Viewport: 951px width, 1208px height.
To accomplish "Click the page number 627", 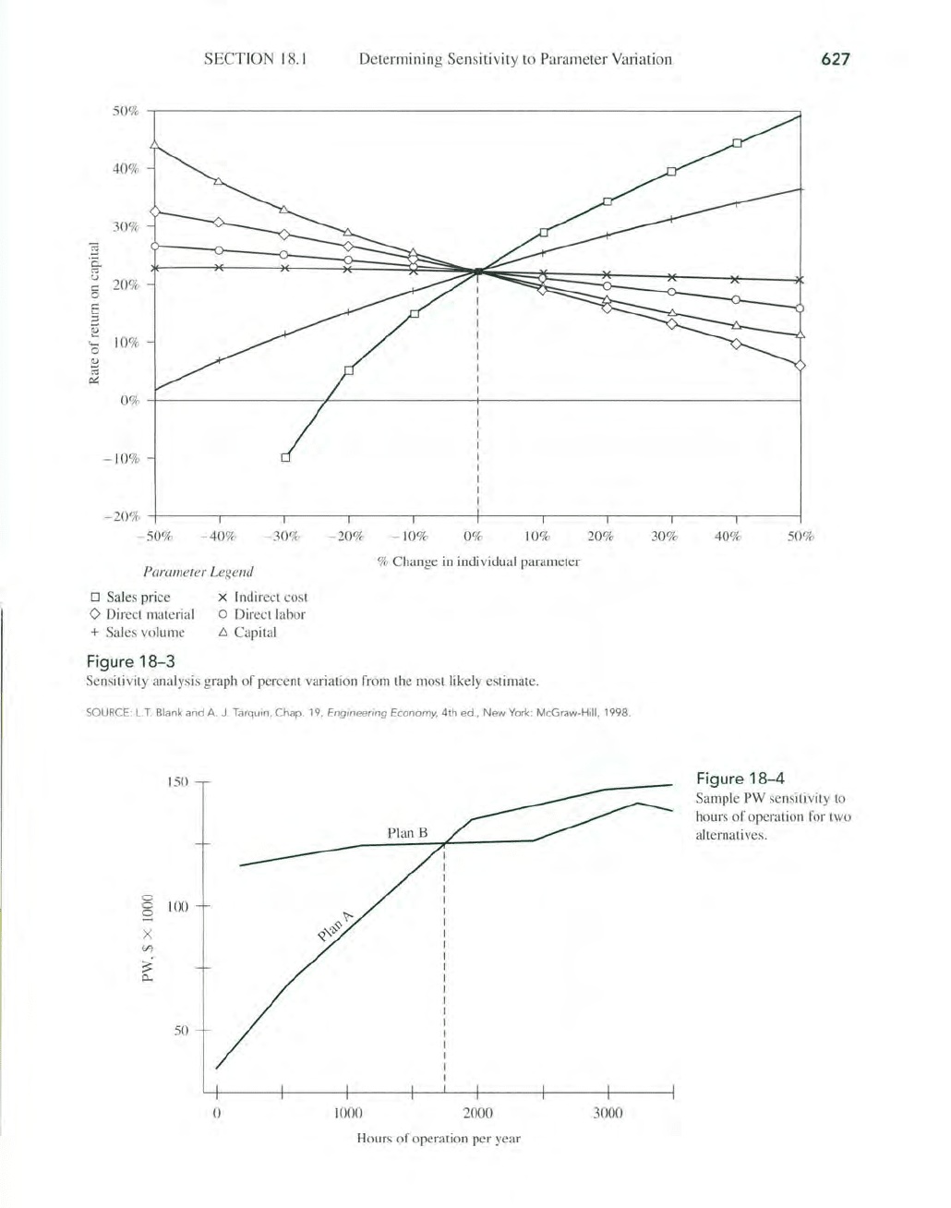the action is [835, 59].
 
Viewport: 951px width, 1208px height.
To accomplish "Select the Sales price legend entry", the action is [130, 597].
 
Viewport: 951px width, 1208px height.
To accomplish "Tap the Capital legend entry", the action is [247, 632].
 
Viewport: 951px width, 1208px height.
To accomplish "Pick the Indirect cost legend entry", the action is [263, 597].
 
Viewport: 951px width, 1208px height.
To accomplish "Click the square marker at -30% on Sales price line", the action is [285, 457].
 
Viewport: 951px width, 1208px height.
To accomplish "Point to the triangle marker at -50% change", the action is [155, 145].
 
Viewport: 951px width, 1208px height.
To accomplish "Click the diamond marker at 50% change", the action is [800, 366].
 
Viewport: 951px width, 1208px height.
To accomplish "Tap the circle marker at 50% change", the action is [800, 308].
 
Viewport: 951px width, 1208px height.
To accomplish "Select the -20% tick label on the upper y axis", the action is [122, 516].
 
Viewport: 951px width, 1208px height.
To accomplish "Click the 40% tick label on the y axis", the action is [126, 168].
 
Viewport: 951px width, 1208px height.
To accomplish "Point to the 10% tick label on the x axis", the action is [536, 537].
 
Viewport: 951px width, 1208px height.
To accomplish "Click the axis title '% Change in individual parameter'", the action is [478, 562].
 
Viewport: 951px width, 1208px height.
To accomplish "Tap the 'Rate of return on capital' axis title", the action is [94, 313].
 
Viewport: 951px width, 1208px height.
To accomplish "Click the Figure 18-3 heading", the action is [131, 662].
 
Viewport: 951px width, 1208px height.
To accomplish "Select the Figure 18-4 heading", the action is [740, 779].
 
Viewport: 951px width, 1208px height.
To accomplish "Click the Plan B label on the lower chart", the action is [407, 833].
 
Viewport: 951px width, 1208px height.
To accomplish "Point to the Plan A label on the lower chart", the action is [335, 926].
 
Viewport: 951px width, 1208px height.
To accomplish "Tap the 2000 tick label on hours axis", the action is [477, 1113].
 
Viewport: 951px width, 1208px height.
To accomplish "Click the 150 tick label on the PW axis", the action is [177, 782].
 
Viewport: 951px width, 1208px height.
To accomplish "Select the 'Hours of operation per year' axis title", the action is [439, 1139].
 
